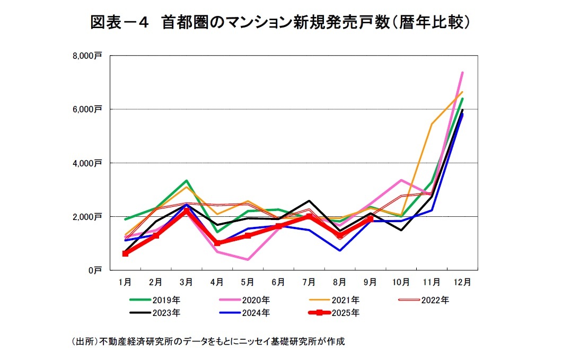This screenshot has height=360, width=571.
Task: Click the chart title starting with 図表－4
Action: coord(282,22)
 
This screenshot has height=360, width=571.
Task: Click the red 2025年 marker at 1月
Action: coord(125,254)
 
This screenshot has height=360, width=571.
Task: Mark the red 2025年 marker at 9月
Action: coord(371,218)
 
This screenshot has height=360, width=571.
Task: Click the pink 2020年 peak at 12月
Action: coord(462,73)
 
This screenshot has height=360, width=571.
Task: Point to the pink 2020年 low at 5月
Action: coord(248,259)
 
